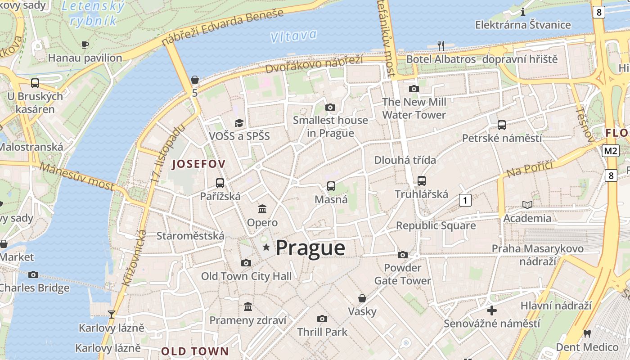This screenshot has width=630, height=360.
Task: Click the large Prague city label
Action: point(310,248)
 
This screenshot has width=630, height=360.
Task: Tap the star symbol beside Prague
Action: point(266,247)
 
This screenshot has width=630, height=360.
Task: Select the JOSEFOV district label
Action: point(198,164)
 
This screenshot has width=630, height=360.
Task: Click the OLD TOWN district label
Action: point(195,351)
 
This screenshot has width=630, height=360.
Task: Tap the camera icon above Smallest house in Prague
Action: point(330,107)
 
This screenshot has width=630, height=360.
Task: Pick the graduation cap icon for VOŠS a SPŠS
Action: point(239,123)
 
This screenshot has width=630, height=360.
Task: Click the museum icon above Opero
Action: point(262,209)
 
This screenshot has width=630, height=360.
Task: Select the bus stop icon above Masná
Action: point(331,186)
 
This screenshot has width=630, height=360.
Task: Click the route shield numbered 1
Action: point(465,200)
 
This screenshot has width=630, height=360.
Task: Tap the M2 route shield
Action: point(611,151)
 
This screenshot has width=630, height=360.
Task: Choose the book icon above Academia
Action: point(527,205)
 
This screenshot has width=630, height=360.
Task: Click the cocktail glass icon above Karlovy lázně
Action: point(112,314)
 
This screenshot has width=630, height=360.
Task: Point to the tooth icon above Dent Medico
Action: point(587,333)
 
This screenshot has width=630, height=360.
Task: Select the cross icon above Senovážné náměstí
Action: point(492,310)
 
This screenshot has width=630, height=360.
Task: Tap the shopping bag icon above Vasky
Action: point(362,298)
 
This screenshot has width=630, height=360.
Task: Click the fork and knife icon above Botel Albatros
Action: point(441,45)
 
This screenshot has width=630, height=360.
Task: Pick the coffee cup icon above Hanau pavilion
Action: point(85,44)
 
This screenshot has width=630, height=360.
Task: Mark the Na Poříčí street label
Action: point(529,168)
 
